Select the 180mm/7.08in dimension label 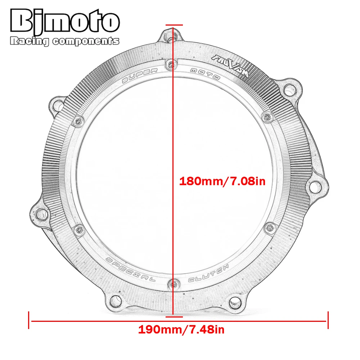[222, 181]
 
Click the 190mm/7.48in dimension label [181, 329]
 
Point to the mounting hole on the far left [40, 213]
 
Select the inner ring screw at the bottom [173, 284]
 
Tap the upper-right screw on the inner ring [267, 116]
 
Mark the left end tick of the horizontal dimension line [29, 320]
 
